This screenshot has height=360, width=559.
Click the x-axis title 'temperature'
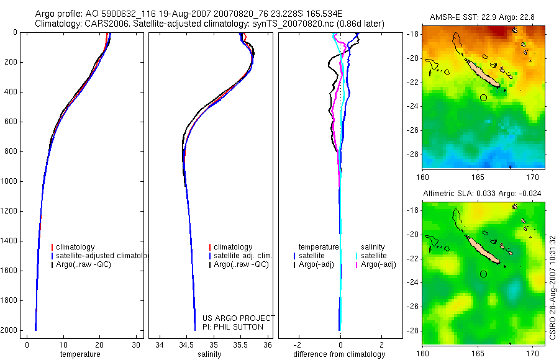80,354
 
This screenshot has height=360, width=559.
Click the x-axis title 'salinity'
209,354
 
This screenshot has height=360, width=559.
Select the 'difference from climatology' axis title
339,354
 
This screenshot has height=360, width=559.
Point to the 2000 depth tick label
9,330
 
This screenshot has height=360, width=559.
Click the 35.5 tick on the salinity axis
241,344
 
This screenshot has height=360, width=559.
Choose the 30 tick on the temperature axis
136,344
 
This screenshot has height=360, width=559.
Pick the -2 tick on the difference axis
299,344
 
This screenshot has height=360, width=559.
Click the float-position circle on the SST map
484,97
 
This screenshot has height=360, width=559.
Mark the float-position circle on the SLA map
484,274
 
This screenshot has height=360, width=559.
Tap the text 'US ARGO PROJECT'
239,318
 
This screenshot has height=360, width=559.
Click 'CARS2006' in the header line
105,24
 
